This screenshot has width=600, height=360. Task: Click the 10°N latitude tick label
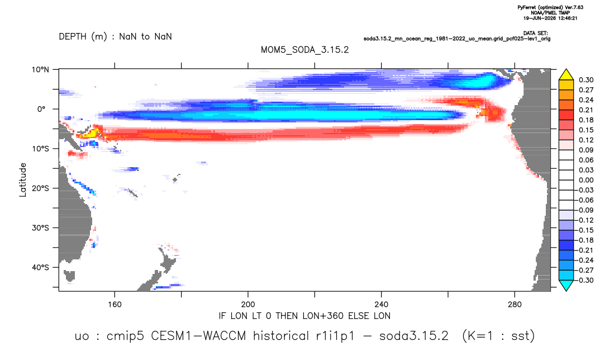click(x=40, y=70)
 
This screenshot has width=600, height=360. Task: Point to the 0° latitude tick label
click(x=41, y=109)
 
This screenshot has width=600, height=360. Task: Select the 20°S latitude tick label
click(x=40, y=188)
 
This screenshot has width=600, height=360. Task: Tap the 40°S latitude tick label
click(x=40, y=267)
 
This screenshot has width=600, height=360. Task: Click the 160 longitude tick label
click(x=115, y=305)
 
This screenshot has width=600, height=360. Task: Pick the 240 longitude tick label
click(x=382, y=305)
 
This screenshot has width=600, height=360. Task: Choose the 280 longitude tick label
click(x=515, y=305)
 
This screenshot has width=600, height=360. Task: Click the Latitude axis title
click(x=23, y=180)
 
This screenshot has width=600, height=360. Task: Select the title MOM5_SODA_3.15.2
click(x=305, y=50)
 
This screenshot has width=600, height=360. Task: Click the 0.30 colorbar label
click(x=586, y=80)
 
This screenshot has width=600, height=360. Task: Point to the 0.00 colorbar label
click(x=586, y=180)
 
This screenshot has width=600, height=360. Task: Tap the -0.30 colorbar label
click(x=585, y=280)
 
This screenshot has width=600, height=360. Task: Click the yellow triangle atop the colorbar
click(x=566, y=75)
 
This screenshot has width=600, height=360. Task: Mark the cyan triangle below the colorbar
click(x=566, y=285)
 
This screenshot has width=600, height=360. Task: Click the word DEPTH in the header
click(x=73, y=37)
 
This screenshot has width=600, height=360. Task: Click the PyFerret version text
click(x=550, y=8)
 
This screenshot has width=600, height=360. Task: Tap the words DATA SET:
click(x=535, y=34)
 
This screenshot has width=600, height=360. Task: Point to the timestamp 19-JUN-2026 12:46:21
click(x=550, y=18)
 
